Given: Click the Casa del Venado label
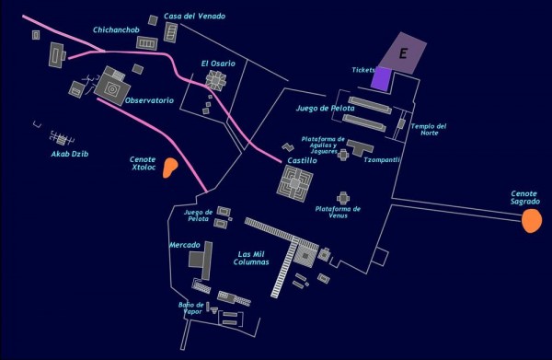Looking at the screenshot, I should (x=194, y=16).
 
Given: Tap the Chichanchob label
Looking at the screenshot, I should (x=115, y=29).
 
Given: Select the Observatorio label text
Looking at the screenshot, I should (x=149, y=99).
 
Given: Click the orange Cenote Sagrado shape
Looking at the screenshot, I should (x=531, y=221).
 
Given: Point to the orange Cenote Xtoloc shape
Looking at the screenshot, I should (x=170, y=168).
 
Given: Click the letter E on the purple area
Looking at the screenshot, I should (x=402, y=54).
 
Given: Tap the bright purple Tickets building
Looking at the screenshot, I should (x=381, y=78).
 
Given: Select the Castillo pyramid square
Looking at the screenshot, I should (x=295, y=182).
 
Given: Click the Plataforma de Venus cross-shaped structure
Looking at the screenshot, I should (x=343, y=198).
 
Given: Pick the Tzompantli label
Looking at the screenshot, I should (x=382, y=159).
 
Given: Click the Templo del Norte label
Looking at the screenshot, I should (x=429, y=129).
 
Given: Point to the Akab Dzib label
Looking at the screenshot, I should (x=69, y=154).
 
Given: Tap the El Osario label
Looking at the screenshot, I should (x=218, y=63).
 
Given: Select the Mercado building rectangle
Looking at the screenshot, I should (x=196, y=260).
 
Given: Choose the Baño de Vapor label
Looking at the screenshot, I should (x=190, y=308).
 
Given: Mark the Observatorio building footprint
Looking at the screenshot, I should (x=112, y=87).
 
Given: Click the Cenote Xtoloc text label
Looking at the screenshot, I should (x=144, y=163).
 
